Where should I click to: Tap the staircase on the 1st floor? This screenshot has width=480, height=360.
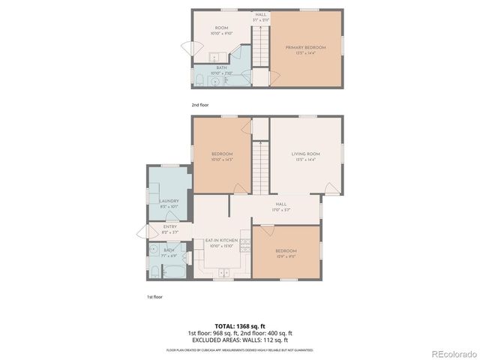coord(260,166)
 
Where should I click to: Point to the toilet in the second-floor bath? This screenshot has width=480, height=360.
coord(199,79)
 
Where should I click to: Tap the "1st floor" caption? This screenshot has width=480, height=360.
coord(154,298)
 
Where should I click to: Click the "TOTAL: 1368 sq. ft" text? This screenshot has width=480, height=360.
coord(239,326)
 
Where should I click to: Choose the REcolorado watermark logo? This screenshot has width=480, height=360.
coord(452,352)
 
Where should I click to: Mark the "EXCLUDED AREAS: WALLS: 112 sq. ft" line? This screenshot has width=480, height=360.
coord(239,340)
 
